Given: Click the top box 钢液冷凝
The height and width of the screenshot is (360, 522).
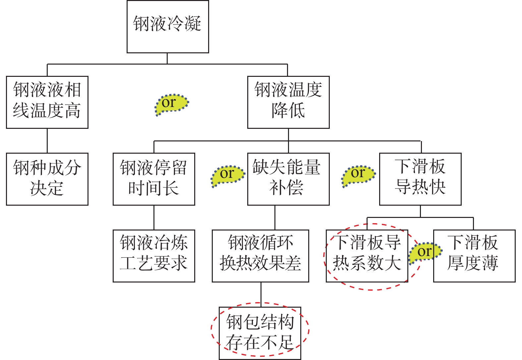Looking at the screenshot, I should (x=168, y=26).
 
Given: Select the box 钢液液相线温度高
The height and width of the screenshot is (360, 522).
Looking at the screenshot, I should (x=47, y=102).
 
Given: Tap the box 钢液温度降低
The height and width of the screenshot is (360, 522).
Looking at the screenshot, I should (x=288, y=102).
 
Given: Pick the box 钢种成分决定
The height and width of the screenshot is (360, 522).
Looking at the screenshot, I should (x=47, y=179).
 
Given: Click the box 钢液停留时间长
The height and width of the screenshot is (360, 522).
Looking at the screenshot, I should (x=154, y=179).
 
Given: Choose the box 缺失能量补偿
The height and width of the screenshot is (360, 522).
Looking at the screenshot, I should (x=288, y=179).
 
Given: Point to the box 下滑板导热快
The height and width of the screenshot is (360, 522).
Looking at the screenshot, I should (x=420, y=179).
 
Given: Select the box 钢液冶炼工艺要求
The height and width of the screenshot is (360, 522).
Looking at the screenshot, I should (x=154, y=256).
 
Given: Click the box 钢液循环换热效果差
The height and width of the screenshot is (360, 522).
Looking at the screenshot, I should (x=261, y=256).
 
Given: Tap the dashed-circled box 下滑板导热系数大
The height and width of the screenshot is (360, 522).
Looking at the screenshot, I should (x=367, y=256).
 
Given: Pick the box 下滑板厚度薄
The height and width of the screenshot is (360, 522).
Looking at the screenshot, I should (x=474, y=256).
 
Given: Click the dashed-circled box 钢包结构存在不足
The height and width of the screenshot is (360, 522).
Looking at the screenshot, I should (x=260, y=333).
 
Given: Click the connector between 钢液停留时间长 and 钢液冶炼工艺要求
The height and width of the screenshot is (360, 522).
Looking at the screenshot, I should (x=154, y=218).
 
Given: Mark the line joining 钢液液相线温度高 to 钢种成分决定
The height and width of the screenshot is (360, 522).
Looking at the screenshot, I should (x=47, y=141).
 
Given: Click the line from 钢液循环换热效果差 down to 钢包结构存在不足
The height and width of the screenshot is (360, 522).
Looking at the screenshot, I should (x=261, y=294).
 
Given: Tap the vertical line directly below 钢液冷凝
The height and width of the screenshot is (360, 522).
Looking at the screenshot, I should (x=167, y=58).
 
